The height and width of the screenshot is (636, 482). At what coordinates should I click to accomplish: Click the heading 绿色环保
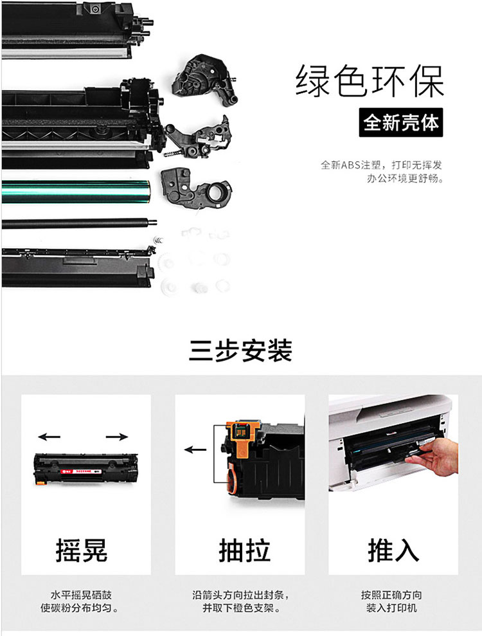pos(370,81)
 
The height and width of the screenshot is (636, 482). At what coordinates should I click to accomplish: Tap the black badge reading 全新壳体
pos(400,122)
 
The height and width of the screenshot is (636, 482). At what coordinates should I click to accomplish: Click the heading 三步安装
pos(240,350)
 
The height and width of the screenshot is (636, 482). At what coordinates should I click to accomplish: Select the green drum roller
pos(76,192)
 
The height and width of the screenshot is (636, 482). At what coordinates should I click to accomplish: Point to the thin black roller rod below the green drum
pos(79,223)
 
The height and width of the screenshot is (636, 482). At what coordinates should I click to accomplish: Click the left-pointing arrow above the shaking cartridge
pos(49,437)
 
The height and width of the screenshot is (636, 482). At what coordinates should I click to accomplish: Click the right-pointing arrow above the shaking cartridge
pos(117,437)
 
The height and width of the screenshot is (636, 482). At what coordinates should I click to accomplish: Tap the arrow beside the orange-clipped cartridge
pos(195,450)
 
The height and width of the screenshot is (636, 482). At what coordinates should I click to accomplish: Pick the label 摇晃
pos(82,550)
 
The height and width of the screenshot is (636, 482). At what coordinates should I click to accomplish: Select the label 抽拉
pos(244,550)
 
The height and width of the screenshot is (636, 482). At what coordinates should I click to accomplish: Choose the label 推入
pos(393,550)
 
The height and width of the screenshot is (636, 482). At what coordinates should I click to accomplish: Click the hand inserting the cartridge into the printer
pos(434,459)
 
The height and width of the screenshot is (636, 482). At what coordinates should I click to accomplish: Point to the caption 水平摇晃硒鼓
pos(81,595)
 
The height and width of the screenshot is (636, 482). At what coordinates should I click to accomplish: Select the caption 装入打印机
pos(391,608)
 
